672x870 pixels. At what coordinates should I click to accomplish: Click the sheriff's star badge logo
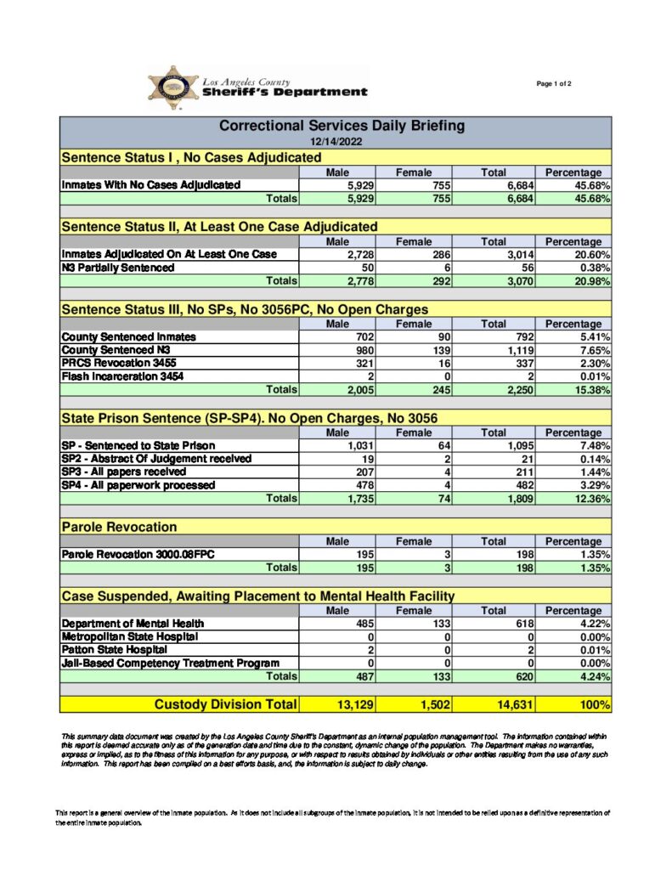coord(172,88)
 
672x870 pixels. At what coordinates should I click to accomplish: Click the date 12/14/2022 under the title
coord(336,142)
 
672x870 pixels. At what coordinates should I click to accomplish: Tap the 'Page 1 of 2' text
coord(554,83)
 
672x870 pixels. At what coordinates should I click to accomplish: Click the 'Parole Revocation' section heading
coord(119,528)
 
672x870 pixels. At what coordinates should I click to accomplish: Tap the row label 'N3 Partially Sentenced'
coord(118,267)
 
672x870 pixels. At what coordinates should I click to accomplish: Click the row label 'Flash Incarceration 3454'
coord(122,376)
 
